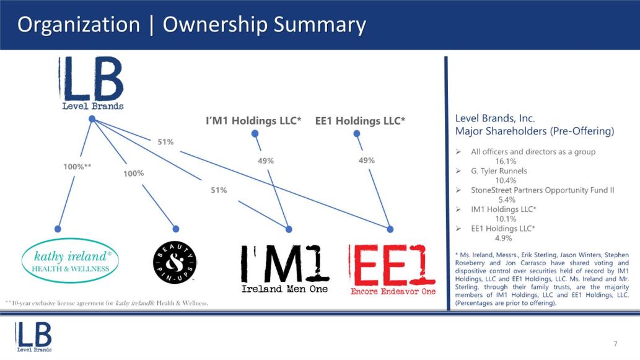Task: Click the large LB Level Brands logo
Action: click(92, 84)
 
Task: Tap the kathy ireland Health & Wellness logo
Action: click(70, 261)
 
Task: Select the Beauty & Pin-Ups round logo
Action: click(175, 263)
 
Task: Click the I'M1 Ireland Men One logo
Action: click(284, 268)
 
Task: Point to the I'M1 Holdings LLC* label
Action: click(253, 121)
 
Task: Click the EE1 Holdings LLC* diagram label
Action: click(360, 121)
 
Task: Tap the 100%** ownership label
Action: click(77, 167)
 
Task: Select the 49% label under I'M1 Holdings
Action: click(266, 161)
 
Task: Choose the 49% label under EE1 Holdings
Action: click(367, 160)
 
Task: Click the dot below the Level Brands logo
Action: click(92, 119)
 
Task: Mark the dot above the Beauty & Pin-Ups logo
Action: click(176, 229)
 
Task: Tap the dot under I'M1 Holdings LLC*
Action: click(255, 133)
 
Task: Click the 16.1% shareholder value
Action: click(506, 161)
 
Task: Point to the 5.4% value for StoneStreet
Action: click(507, 200)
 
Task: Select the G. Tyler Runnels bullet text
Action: click(499, 171)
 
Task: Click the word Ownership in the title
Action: click(214, 25)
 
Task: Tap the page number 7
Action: click(615, 344)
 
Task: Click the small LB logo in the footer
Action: click(34, 336)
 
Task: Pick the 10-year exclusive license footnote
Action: click(107, 303)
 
